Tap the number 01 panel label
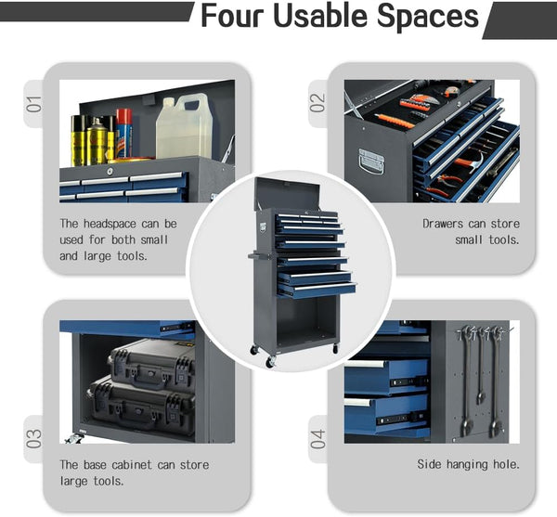(34, 104)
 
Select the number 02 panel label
(317, 103)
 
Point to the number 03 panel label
(34, 438)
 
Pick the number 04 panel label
(317, 439)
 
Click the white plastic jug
(184, 126)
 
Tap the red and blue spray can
(123, 134)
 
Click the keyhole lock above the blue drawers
(110, 172)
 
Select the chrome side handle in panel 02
(371, 162)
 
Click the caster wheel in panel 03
(73, 439)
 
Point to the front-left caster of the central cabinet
(270, 361)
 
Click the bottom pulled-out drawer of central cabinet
(317, 291)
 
